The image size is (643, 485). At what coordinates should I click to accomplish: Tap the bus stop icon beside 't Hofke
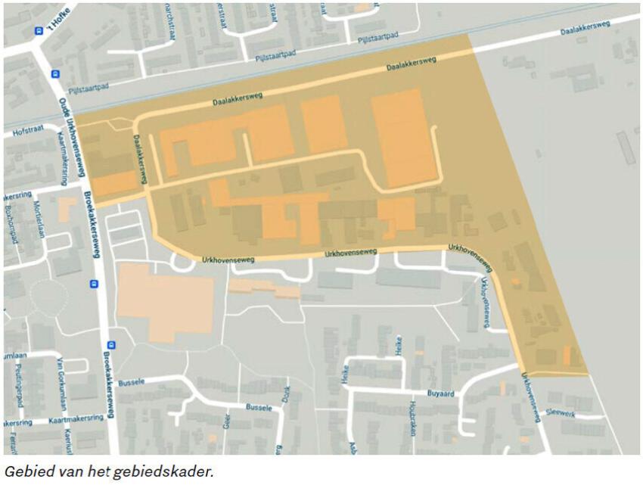(x=39, y=31)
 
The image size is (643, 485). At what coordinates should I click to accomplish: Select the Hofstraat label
(x=28, y=132)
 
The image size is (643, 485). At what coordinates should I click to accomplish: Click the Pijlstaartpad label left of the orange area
(x=89, y=85)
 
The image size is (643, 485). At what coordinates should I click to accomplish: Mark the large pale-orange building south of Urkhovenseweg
(x=166, y=302)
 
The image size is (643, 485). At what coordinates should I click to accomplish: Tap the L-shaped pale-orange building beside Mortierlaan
(x=66, y=208)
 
